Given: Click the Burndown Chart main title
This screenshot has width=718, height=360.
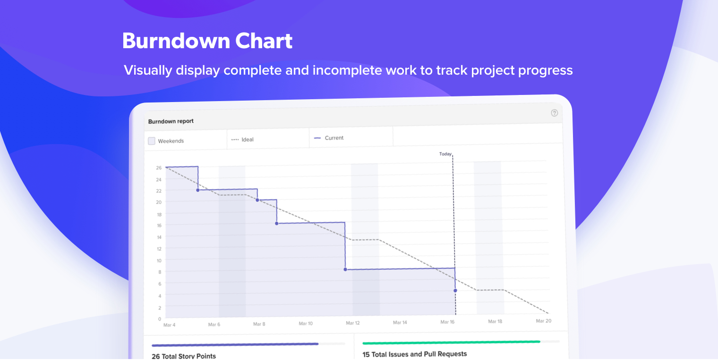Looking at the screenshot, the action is [x=207, y=41].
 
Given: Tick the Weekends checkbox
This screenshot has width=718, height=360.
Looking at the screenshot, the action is [x=152, y=141].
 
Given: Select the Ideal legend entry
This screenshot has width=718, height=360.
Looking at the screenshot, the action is [x=242, y=139].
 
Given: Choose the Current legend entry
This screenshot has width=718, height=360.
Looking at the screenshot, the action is [x=329, y=138].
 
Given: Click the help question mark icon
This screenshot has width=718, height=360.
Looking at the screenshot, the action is [x=554, y=113].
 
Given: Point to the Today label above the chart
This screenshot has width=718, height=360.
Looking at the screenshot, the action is [x=445, y=154].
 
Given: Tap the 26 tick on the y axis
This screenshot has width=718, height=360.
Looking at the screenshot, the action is [x=159, y=168].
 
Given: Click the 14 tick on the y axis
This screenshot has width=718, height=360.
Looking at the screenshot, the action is [x=159, y=237].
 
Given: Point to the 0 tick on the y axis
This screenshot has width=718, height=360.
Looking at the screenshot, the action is [x=160, y=319].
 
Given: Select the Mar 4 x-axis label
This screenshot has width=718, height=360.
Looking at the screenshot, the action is [x=169, y=325].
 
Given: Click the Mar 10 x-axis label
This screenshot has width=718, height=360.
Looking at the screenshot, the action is [x=306, y=324].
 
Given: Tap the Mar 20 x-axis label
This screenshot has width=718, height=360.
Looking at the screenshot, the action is [x=543, y=321].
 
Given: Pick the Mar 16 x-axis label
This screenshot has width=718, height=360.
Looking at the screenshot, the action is [x=447, y=322].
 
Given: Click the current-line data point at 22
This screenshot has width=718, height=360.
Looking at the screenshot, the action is [x=198, y=190].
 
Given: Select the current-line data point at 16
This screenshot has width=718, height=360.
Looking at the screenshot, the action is [x=277, y=223].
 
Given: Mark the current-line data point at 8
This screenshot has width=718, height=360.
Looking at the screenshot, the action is [x=345, y=270].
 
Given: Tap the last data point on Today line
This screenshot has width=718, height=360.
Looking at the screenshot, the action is [x=455, y=291].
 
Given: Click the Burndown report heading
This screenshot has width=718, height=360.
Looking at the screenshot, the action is [x=171, y=121].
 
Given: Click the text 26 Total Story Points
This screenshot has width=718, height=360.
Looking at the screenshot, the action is [x=184, y=356].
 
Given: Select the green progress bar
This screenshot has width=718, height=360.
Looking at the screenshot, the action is [x=451, y=343].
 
